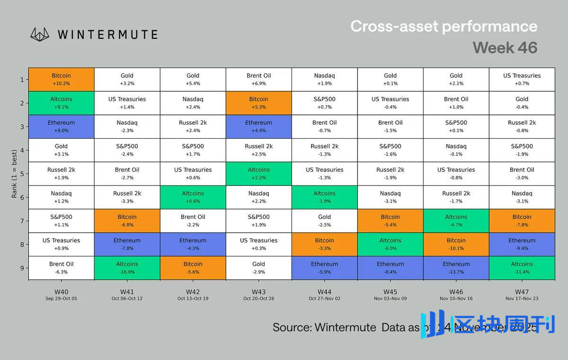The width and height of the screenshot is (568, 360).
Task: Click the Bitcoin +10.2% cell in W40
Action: coord(61,79)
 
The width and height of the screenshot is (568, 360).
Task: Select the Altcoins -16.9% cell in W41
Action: coord(127,268)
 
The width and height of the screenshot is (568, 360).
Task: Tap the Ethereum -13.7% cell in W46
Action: coord(456,268)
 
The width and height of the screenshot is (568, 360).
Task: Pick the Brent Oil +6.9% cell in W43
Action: coord(258,79)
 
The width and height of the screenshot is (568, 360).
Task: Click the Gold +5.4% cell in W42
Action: coord(193,79)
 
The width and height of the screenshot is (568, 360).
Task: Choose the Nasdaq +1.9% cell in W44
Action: coord(324,79)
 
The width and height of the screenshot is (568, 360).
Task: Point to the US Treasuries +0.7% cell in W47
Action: coord(522,79)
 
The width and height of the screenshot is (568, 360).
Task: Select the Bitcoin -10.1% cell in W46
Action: coord(456,244)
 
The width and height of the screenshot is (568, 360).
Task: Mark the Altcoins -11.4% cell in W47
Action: coord(522,268)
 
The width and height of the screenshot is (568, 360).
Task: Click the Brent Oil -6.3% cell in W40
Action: coord(61,268)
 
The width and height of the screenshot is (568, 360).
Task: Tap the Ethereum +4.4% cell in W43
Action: coord(258,126)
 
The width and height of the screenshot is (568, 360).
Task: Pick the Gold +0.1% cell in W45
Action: coord(390,79)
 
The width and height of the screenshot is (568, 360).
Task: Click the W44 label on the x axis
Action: coord(324,292)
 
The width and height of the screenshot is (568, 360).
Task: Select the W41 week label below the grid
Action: coord(127,292)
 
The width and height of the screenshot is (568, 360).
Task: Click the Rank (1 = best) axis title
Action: coord(14,174)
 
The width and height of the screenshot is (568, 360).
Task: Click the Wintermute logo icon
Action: coord(40,34)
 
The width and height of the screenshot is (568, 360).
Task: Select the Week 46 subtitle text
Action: coord(505,48)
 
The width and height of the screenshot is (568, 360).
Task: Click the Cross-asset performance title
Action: coord(444,26)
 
